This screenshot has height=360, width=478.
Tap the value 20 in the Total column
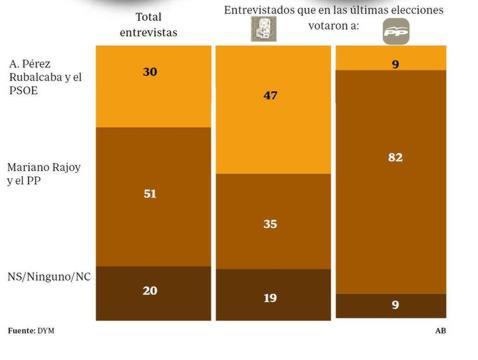(151, 290)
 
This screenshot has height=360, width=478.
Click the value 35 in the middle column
(271, 226)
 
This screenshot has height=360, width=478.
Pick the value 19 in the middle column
(271, 298)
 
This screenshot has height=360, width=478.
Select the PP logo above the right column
(396, 33)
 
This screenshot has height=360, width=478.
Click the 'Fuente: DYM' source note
(29, 330)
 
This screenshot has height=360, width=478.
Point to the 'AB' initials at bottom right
(440, 330)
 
